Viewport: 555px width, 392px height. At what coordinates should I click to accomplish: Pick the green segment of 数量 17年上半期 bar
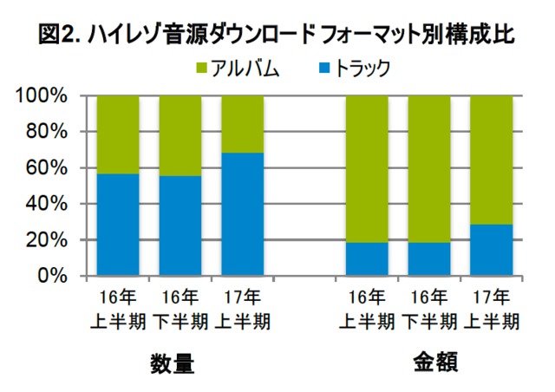coord(243,124)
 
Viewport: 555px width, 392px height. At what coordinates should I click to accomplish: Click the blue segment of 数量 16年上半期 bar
coord(118,225)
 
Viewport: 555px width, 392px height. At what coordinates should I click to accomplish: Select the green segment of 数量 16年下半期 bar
coord(180,135)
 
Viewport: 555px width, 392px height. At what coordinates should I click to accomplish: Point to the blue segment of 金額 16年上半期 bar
coord(368,258)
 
